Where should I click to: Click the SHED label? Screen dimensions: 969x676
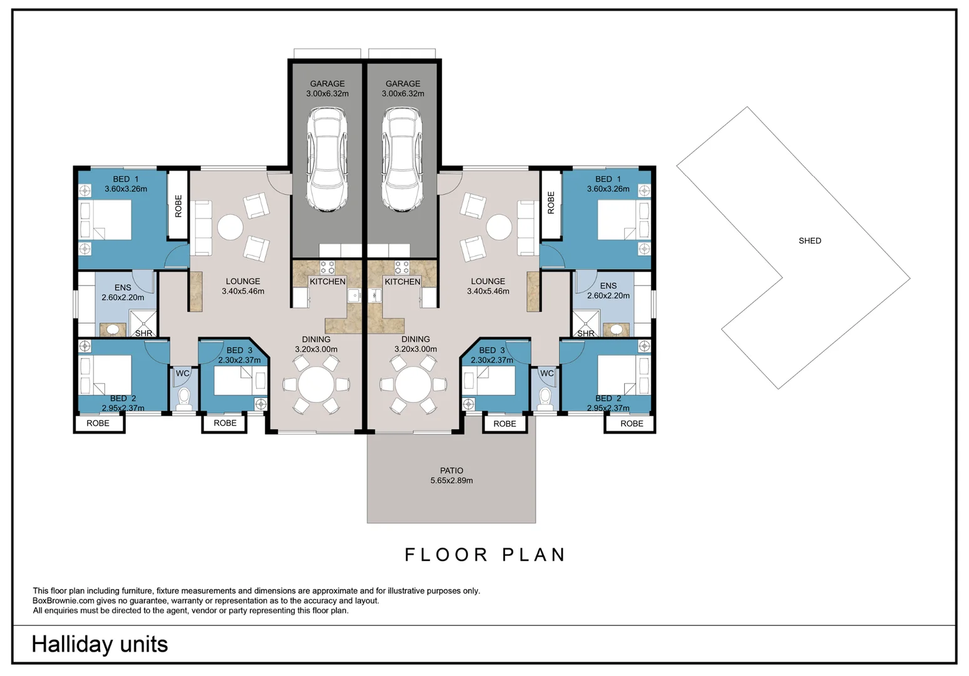click(809, 241)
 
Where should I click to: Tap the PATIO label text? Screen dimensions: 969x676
click(451, 471)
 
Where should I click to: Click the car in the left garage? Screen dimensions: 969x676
click(327, 159)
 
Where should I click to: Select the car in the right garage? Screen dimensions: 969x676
click(402, 159)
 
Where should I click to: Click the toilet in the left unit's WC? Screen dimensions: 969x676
click(184, 399)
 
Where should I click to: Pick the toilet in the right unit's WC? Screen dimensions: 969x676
click(545, 399)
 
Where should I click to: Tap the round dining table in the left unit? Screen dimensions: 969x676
click(315, 384)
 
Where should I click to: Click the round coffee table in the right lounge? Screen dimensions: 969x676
click(499, 227)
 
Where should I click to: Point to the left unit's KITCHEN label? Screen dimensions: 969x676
click(327, 282)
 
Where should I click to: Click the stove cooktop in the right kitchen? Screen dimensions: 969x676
click(402, 267)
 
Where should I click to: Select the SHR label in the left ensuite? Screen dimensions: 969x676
click(143, 334)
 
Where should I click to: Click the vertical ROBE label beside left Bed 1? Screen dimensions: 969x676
click(178, 206)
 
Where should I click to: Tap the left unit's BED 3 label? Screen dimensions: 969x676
click(239, 351)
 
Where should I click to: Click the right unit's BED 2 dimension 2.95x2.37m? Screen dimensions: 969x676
click(608, 408)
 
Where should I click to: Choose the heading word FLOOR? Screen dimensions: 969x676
click(446, 555)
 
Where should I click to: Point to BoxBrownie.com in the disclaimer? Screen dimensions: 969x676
click(63, 601)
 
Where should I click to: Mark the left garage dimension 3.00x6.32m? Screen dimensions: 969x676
click(327, 94)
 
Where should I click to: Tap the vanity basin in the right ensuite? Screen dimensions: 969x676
click(616, 330)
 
